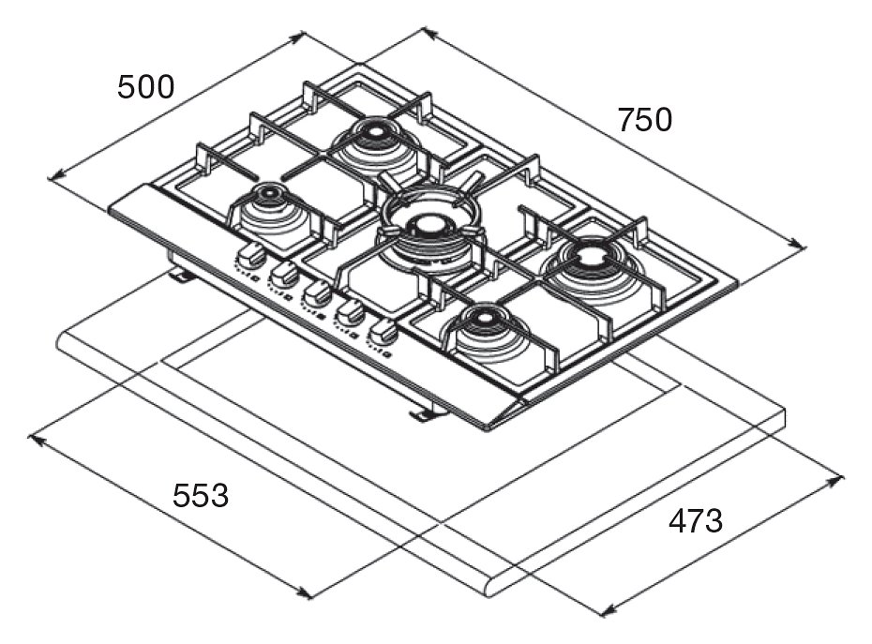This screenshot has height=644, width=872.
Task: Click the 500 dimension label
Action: (145, 87)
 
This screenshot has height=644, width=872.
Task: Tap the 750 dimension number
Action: (645, 120)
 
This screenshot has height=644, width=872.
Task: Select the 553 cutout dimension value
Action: (201, 495)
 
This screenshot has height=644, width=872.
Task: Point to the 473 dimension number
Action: (695, 521)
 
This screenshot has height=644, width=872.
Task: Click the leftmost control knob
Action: (250, 254)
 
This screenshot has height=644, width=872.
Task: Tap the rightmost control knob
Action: (383, 331)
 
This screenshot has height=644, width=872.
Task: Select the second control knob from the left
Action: (284, 273)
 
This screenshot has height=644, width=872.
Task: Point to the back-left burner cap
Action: (374, 132)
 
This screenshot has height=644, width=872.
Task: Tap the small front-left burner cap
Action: (267, 195)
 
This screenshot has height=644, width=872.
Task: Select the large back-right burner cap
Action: (591, 254)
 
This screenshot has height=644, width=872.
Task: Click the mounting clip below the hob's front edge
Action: (422, 413)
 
